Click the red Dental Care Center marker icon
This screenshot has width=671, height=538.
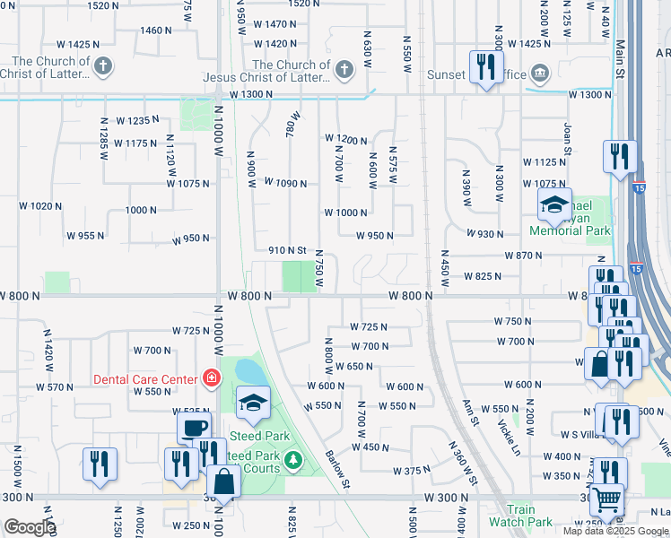[x=212, y=379]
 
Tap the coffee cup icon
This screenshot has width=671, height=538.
[x=194, y=428]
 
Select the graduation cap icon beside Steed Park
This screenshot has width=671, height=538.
[x=253, y=402]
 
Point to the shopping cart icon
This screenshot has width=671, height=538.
[x=607, y=499]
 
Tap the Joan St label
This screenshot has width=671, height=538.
[x=567, y=140]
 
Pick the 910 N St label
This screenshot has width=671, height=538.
[x=288, y=250]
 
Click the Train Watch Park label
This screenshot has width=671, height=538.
[x=520, y=516]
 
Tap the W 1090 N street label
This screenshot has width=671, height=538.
[x=285, y=182]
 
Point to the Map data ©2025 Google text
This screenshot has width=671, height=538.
[x=614, y=531]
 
